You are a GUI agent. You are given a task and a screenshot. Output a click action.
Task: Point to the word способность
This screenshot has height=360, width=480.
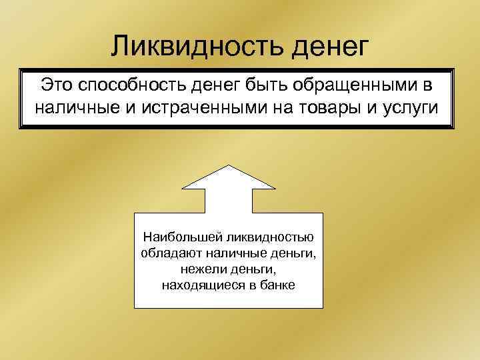(133, 85)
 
